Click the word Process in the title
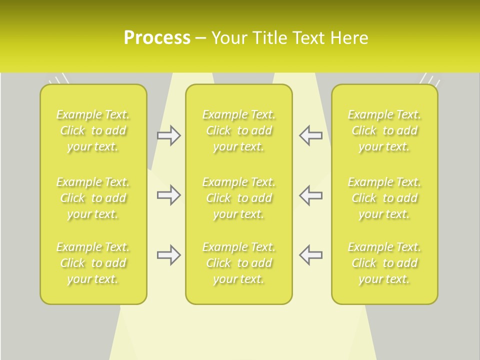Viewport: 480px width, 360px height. (157, 38)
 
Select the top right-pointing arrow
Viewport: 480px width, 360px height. (168, 135)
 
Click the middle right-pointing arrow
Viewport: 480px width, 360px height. (168, 195)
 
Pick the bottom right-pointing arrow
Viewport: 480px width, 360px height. (168, 255)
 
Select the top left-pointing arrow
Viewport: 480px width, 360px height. (311, 135)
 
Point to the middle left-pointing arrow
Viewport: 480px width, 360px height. (311, 195)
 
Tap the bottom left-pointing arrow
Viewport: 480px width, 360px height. (311, 255)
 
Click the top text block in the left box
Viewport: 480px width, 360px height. (93, 130)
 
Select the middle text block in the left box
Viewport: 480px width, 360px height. (93, 198)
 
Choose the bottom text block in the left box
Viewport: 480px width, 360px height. (93, 263)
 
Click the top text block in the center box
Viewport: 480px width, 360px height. (239, 130)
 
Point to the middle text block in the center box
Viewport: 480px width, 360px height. (239, 198)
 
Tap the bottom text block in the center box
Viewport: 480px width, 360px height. (239, 263)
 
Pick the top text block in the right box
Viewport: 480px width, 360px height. (384, 130)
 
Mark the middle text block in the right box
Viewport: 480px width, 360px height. (384, 198)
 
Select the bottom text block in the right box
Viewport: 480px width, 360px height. (384, 263)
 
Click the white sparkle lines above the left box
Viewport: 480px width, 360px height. (59, 80)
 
